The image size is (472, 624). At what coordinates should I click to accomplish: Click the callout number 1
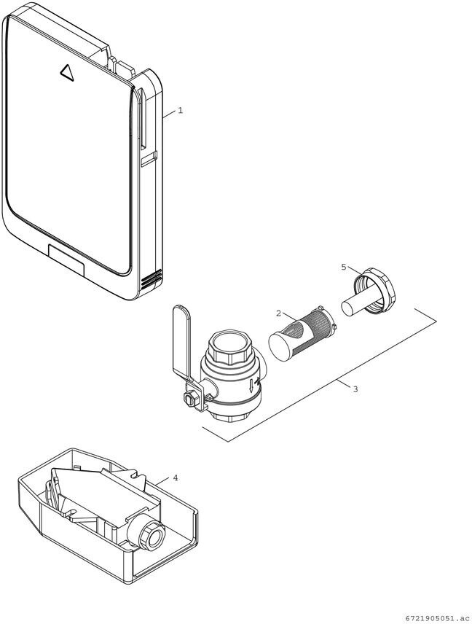[x=180, y=111]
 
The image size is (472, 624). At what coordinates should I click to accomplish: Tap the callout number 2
[x=278, y=313]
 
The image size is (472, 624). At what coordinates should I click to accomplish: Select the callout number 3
[x=355, y=389]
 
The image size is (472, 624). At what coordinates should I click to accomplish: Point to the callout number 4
[x=175, y=478]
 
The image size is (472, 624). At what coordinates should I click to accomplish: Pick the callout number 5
[x=344, y=268]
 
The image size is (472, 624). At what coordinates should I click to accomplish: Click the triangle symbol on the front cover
[x=66, y=71]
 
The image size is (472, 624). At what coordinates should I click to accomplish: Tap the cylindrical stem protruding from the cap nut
[x=354, y=302]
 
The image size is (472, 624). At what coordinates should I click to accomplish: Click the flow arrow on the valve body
[x=251, y=383]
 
